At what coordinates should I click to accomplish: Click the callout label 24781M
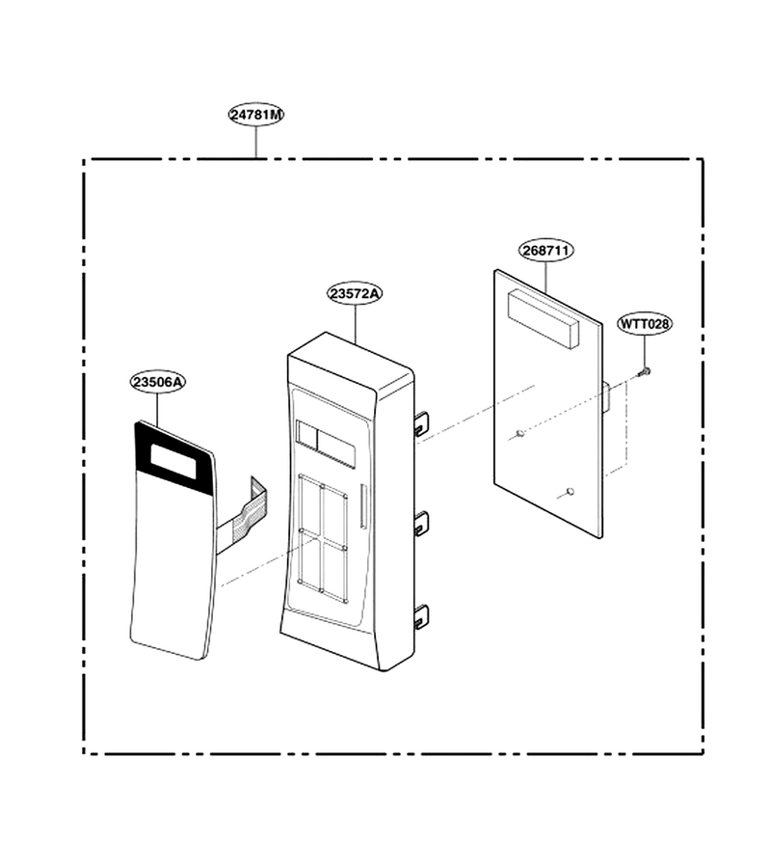coord(256,115)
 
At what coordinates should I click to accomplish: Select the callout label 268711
coord(545,250)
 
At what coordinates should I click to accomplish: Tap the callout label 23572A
coord(355,293)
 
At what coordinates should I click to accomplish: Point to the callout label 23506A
coord(158,381)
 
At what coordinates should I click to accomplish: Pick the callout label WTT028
coord(645,324)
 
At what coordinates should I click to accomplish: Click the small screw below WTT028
coord(645,371)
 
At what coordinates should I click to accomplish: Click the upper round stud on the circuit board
coord(519,433)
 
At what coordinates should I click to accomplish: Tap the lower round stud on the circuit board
coord(571,491)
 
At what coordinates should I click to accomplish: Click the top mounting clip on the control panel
coord(421,422)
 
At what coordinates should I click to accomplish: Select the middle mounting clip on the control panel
coord(421,523)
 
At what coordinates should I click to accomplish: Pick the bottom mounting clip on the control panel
coord(421,616)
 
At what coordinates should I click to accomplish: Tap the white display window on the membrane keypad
coord(173,461)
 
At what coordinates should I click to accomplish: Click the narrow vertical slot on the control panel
coord(362,506)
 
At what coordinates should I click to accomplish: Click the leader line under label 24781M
coord(256,142)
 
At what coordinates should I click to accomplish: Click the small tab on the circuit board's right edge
coord(605,396)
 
